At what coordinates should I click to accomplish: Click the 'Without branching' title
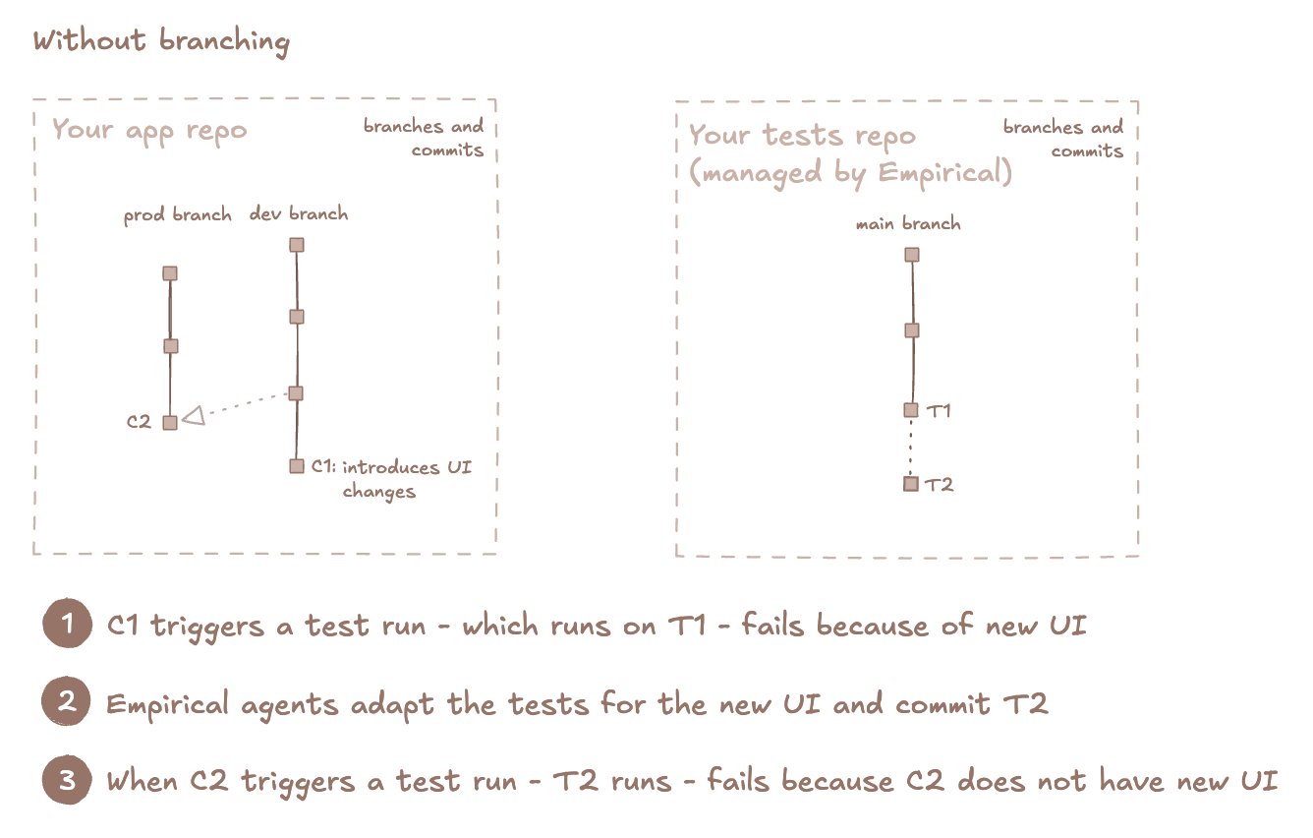(x=161, y=41)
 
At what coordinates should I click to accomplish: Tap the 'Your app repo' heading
(x=149, y=131)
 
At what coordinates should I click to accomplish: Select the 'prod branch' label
(x=177, y=215)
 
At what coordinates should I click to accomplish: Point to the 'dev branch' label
(x=299, y=213)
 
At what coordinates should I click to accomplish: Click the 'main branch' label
(x=908, y=223)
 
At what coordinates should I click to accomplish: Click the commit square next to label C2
(x=170, y=423)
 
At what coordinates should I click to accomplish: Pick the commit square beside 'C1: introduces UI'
(x=297, y=466)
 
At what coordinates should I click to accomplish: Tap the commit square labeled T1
(x=911, y=410)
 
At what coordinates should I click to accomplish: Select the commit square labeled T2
(x=911, y=484)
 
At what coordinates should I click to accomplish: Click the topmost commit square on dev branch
(x=297, y=245)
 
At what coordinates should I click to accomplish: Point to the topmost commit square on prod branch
(x=170, y=273)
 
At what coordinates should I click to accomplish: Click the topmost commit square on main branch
(x=912, y=255)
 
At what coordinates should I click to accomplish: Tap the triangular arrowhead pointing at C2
(x=194, y=415)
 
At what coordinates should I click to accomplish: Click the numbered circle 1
(x=68, y=623)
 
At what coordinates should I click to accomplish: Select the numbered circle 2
(x=66, y=700)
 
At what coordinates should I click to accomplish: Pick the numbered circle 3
(x=67, y=779)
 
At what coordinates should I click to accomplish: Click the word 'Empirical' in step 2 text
(x=167, y=705)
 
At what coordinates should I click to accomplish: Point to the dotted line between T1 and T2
(x=911, y=447)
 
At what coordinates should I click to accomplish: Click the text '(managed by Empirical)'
(x=850, y=173)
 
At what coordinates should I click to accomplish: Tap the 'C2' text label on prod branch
(x=139, y=422)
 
